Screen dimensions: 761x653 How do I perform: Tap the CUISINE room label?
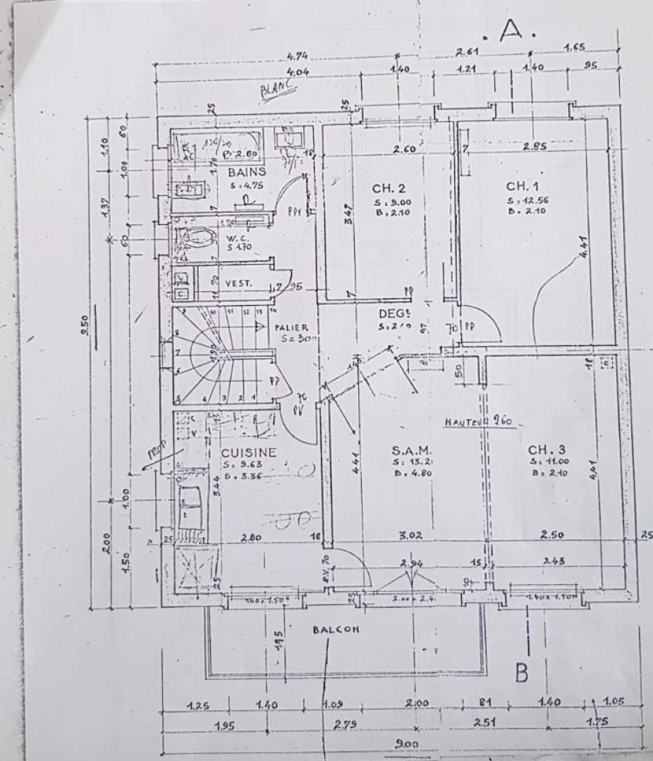[x=249, y=452]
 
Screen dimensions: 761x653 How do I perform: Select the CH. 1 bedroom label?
[x=523, y=186]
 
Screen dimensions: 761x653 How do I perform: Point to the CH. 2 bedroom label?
[x=389, y=188]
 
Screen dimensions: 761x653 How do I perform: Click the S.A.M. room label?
[x=411, y=449]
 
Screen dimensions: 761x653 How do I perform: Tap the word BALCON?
[x=336, y=630]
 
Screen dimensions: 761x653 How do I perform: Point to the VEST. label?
[x=240, y=283]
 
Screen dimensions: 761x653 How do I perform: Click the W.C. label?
[x=235, y=239]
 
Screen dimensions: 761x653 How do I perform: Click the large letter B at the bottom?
[x=521, y=674]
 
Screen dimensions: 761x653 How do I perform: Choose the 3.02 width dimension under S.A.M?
[x=410, y=536]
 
